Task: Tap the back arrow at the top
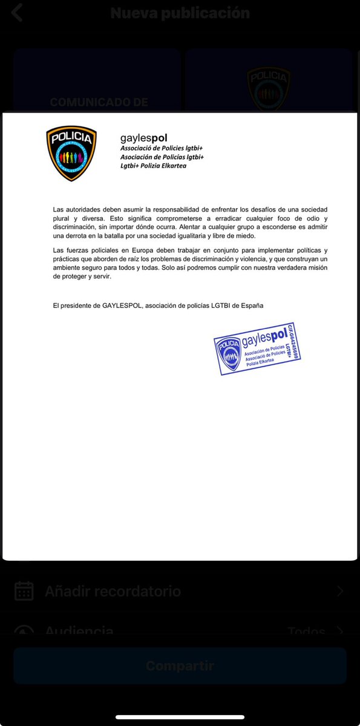click(17, 13)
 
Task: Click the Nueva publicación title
click(180, 13)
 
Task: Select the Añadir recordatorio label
click(113, 591)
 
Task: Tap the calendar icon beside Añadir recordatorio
click(24, 591)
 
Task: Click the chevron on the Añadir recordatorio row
click(340, 591)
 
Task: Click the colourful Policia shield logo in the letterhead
click(71, 153)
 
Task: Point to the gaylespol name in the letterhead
click(144, 138)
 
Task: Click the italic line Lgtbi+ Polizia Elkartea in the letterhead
click(153, 166)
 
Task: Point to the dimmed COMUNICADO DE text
click(99, 102)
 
